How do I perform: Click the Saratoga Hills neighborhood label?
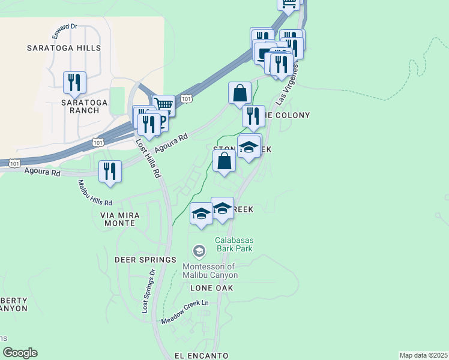[x=64, y=47]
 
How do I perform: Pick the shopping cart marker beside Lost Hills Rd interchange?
[x=163, y=106]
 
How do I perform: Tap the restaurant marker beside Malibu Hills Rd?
[x=110, y=170]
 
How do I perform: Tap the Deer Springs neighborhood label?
[x=145, y=260]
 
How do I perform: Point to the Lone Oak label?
[x=211, y=288]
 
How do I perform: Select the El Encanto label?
[x=202, y=355]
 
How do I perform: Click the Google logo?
[x=20, y=353]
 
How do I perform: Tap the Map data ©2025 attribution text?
[x=423, y=355]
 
